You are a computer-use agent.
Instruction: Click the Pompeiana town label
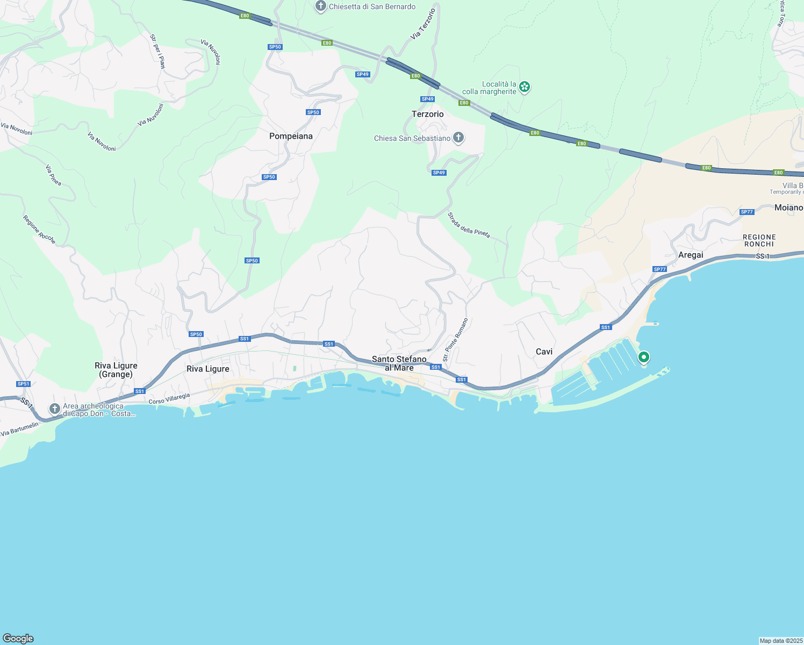(x=291, y=136)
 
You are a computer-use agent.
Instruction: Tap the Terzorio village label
(x=428, y=114)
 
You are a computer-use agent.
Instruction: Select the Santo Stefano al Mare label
(x=399, y=363)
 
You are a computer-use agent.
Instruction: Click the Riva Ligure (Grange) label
(x=116, y=370)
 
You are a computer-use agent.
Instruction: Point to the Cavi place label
(x=544, y=352)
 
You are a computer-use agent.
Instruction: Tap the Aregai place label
(x=691, y=255)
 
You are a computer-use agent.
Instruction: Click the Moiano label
(x=788, y=207)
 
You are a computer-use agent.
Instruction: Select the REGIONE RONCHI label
(x=759, y=240)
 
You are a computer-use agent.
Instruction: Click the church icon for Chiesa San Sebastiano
(x=458, y=138)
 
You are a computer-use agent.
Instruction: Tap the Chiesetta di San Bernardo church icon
(x=321, y=6)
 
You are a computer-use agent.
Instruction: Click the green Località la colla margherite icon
(x=525, y=87)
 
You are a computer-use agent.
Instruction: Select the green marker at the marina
(x=643, y=357)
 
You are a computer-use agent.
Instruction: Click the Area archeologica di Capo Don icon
(x=54, y=409)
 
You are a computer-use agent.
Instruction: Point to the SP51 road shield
(x=23, y=384)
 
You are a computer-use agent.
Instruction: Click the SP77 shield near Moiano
(x=746, y=212)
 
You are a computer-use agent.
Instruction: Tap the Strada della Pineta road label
(x=469, y=225)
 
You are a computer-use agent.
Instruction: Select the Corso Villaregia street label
(x=169, y=398)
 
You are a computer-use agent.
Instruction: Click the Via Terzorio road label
(x=423, y=24)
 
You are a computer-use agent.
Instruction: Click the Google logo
(x=18, y=639)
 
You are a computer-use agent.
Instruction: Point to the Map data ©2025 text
(x=781, y=641)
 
